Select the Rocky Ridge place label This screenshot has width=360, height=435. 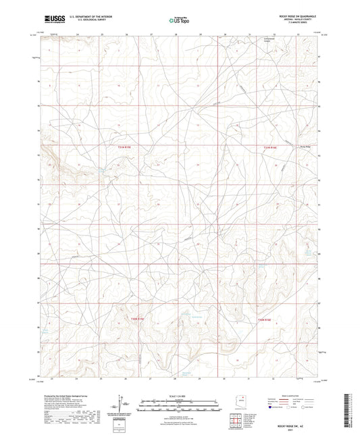coord(307,147)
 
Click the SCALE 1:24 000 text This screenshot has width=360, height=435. coord(180,396)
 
